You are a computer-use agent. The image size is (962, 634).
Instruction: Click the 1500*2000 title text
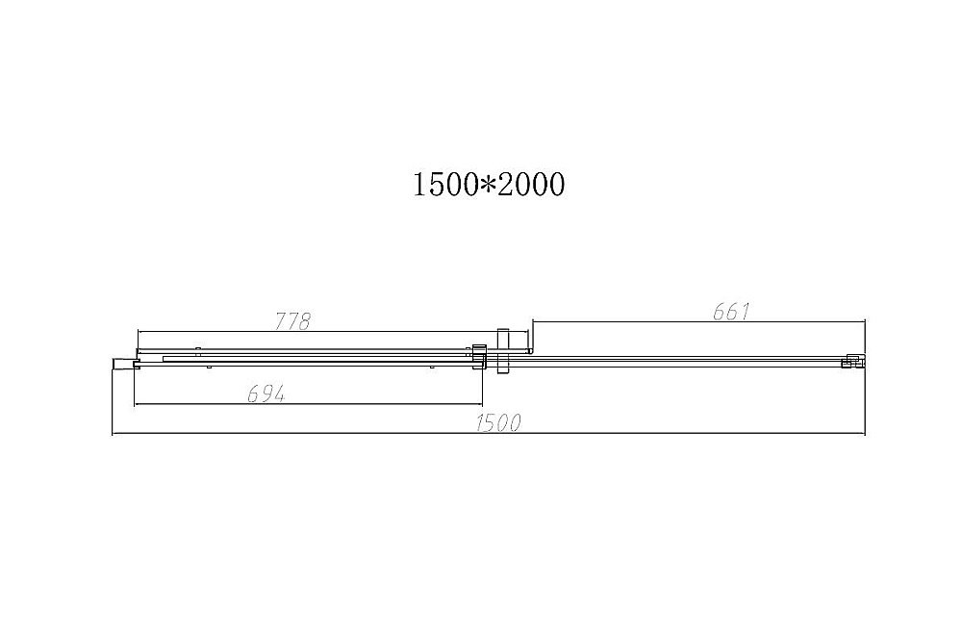tap(488, 184)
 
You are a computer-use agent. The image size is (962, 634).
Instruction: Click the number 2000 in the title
tap(531, 184)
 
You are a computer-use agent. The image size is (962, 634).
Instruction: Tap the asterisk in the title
tap(488, 184)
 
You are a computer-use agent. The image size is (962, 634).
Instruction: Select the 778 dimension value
tap(292, 322)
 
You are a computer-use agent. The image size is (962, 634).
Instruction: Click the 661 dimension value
tap(732, 312)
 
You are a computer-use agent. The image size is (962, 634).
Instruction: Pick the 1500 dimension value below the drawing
tap(500, 423)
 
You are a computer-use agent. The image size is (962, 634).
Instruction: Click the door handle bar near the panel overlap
tap(501, 357)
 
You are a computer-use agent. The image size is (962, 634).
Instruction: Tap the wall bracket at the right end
tap(850, 362)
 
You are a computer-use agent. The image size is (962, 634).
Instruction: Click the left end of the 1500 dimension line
tap(114, 434)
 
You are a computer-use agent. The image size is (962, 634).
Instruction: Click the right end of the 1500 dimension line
tap(866, 434)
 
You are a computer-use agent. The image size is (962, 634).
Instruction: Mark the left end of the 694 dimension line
tap(135, 405)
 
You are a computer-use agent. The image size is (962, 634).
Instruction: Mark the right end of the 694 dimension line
tap(483, 405)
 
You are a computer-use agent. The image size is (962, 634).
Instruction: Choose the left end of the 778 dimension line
tap(137, 333)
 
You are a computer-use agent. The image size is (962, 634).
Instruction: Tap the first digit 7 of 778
tap(281, 322)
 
